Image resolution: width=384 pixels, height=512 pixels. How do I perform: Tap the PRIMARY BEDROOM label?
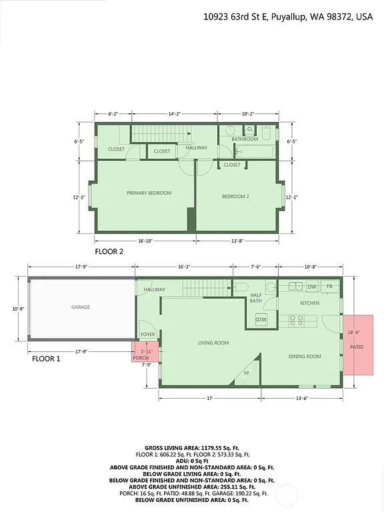tap(149, 193)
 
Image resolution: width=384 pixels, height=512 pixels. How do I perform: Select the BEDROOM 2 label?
tap(235, 197)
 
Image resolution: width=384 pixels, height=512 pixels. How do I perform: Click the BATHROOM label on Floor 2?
tap(245, 139)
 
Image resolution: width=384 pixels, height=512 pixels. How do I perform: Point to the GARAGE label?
tap(81, 307)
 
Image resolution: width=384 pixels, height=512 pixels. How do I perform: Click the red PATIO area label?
tap(357, 347)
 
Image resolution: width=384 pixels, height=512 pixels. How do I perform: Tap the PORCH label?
tap(141, 358)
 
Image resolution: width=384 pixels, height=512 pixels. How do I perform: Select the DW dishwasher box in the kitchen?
tap(311, 287)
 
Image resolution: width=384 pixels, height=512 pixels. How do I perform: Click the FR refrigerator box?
tap(329, 287)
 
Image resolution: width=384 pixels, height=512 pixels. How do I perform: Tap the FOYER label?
tap(147, 335)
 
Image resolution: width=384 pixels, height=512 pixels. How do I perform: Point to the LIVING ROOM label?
tap(213, 343)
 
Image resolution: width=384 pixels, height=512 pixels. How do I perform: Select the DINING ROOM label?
tap(305, 357)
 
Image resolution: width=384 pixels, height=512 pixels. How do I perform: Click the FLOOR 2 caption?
tap(109, 252)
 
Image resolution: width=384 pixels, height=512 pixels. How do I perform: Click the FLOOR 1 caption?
tap(46, 358)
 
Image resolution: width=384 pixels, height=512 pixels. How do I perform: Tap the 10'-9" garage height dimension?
tap(19, 309)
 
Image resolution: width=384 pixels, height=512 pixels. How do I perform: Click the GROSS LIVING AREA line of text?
tap(192, 448)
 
